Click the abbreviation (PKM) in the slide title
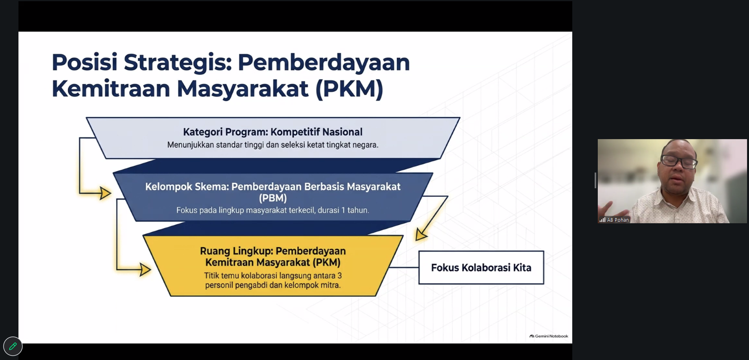pos(349,89)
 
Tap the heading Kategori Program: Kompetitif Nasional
pos(273,132)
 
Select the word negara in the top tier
pos(365,145)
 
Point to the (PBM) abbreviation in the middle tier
pos(273,198)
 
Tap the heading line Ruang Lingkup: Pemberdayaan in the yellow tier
pos(273,251)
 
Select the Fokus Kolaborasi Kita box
pos(481,268)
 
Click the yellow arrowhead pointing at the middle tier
pos(105,193)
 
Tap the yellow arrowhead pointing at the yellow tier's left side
pos(145,270)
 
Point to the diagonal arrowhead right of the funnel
pos(421,235)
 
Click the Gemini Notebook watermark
pos(549,336)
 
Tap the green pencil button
pos(13,346)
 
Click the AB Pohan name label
pos(618,220)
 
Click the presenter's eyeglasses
pos(679,161)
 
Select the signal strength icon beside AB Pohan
pos(602,220)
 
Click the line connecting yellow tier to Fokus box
pos(403,267)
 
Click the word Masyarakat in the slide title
pos(242,89)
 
